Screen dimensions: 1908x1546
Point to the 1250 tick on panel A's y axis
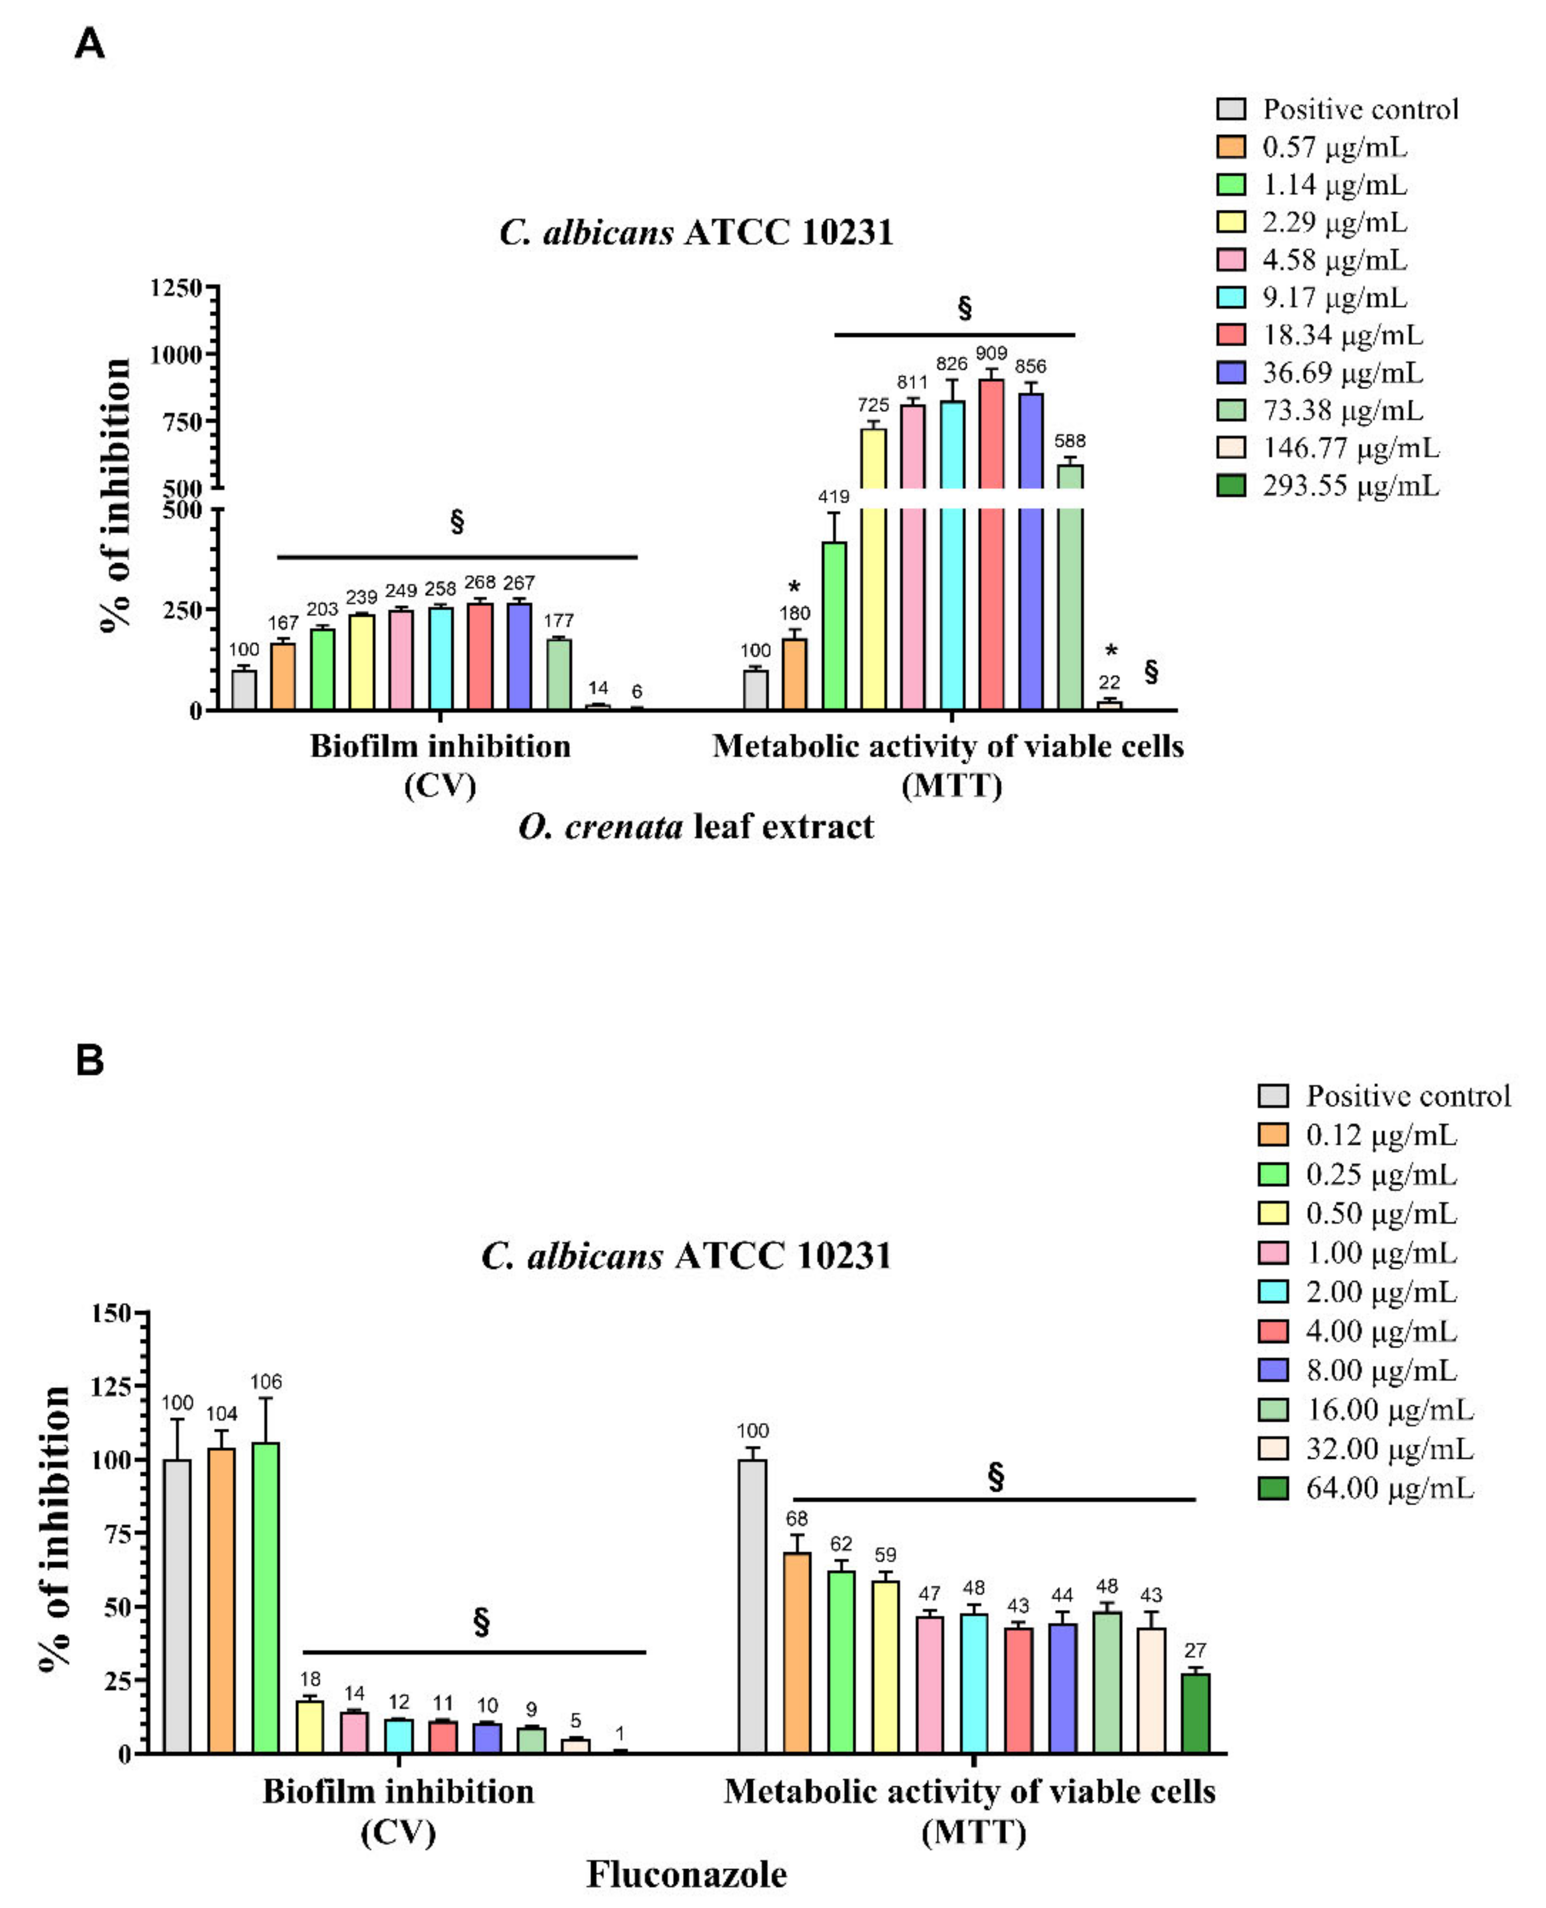pyautogui.click(x=177, y=288)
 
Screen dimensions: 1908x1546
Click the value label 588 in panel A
pyautogui.click(x=1070, y=441)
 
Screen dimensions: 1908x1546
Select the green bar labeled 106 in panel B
pyautogui.click(x=266, y=1597)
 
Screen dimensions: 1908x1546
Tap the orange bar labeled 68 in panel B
pyautogui.click(x=796, y=1653)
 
